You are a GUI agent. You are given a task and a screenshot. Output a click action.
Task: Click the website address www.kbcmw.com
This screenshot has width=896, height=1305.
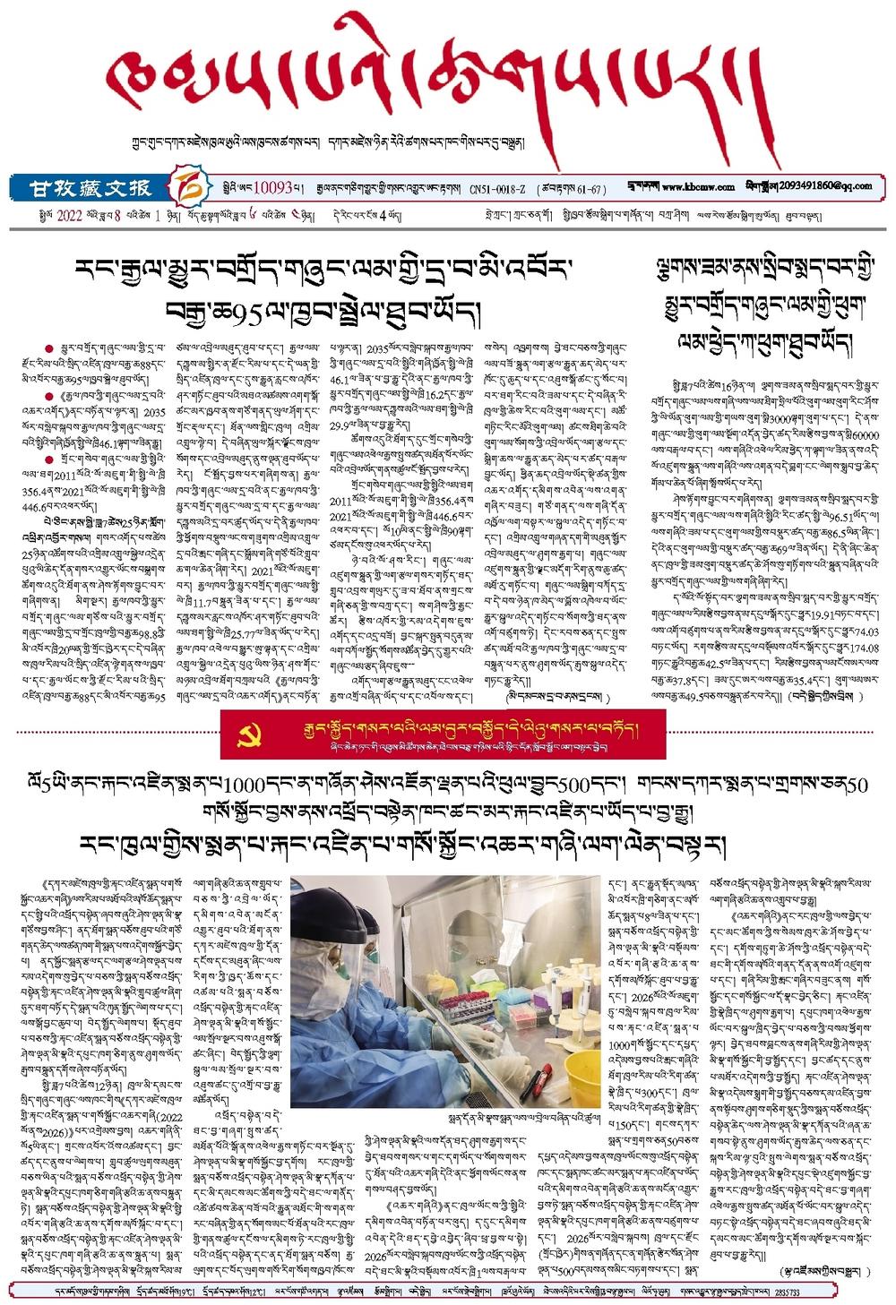[x=699, y=187]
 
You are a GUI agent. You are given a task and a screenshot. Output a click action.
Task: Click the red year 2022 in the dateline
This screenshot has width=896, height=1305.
[x=69, y=215]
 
